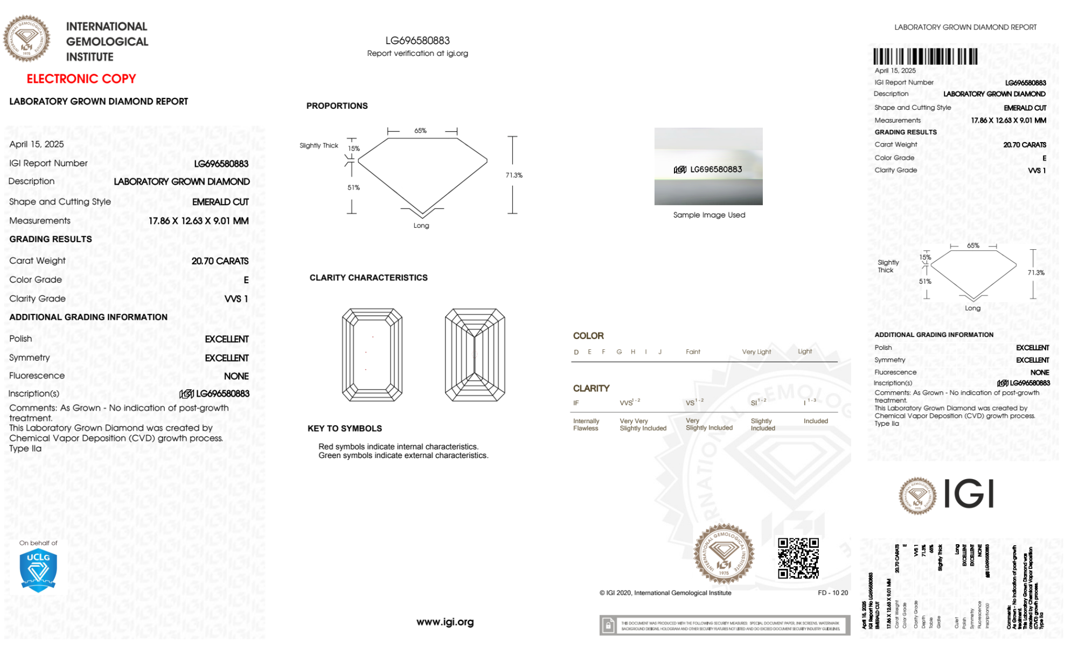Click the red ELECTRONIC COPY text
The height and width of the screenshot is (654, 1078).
(x=81, y=79)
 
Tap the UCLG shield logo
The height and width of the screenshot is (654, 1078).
(x=38, y=571)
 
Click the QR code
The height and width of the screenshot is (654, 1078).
(x=798, y=558)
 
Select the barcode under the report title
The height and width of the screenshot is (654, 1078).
(x=925, y=57)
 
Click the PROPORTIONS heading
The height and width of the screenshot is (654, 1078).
(x=337, y=106)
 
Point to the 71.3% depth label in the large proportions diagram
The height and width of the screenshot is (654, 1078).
(x=514, y=175)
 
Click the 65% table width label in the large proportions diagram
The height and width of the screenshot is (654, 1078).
(x=420, y=131)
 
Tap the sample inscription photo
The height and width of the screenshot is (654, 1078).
(x=708, y=166)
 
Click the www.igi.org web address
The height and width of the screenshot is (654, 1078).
(x=445, y=622)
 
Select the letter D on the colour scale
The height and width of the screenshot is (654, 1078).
(x=576, y=352)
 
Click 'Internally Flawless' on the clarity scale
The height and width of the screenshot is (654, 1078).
(x=586, y=425)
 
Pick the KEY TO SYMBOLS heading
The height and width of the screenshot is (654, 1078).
(x=345, y=428)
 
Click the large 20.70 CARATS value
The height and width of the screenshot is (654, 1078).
(x=220, y=261)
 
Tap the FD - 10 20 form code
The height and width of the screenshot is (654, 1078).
(x=832, y=593)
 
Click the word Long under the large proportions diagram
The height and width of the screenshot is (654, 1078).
(x=421, y=226)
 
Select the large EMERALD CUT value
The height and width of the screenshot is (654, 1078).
(x=220, y=202)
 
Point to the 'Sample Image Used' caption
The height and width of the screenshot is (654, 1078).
(x=709, y=215)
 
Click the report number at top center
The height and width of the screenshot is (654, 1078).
(x=418, y=40)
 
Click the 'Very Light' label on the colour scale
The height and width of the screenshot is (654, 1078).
(x=756, y=352)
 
